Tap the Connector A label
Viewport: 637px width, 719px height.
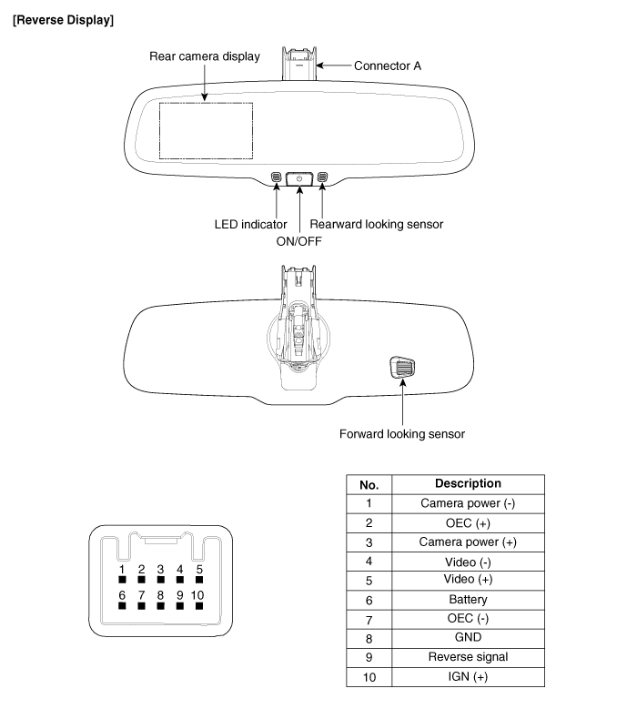tap(387, 66)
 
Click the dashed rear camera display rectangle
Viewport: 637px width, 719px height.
tap(206, 130)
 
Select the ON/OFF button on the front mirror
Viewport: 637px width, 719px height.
tap(299, 178)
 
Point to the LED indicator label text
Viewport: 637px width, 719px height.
tap(250, 224)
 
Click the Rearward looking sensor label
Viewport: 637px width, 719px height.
tap(377, 224)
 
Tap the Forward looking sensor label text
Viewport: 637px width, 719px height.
tap(401, 434)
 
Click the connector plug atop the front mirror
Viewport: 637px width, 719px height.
tap(300, 63)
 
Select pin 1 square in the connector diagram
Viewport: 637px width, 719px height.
tap(121, 580)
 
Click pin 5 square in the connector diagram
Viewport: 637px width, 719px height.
tap(199, 580)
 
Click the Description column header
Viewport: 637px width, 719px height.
tap(468, 484)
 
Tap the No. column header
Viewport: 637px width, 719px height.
tap(369, 484)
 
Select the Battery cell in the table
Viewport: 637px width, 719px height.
tap(468, 600)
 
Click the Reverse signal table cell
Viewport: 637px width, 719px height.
tap(468, 657)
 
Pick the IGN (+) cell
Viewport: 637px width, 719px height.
tap(468, 677)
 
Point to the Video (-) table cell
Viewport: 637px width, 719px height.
tap(468, 562)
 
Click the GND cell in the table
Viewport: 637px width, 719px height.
tap(468, 638)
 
